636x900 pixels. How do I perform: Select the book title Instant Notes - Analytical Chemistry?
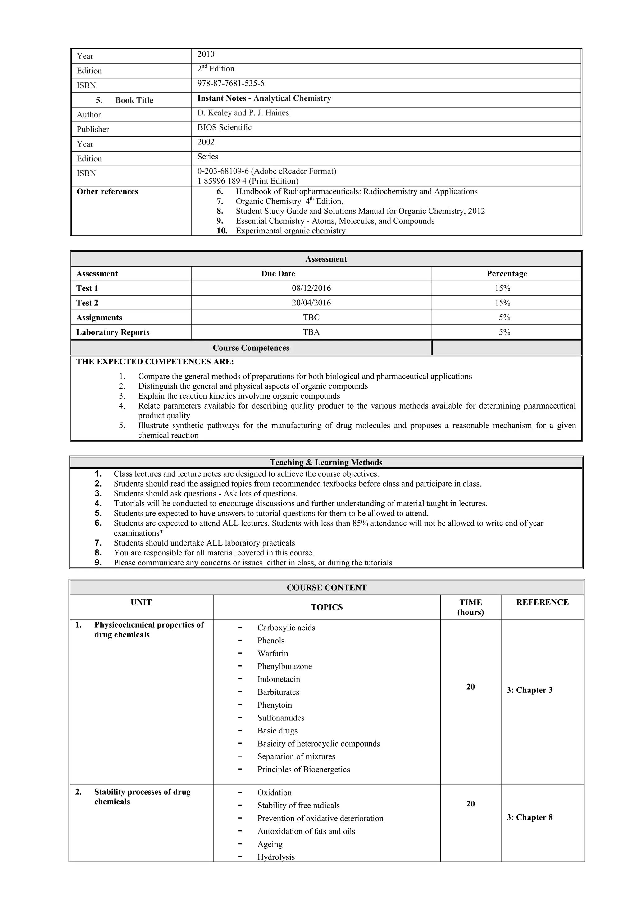(x=264, y=98)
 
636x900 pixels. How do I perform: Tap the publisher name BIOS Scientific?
(x=225, y=127)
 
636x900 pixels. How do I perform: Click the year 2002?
(x=206, y=142)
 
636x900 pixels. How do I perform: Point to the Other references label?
(x=107, y=192)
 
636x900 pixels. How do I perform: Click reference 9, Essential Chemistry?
(x=335, y=221)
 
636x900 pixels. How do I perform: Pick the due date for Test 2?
(x=311, y=303)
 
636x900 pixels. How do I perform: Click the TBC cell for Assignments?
(x=311, y=318)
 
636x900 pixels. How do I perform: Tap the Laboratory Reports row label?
(x=113, y=332)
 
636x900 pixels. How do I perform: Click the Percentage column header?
(x=507, y=274)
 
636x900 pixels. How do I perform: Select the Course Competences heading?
(x=251, y=348)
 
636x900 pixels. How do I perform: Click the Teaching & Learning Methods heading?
(x=326, y=463)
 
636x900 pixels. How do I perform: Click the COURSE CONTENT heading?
(x=326, y=587)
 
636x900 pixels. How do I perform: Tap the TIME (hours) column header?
(x=470, y=607)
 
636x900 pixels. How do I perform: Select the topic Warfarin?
(x=273, y=653)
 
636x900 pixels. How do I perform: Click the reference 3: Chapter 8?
(x=529, y=817)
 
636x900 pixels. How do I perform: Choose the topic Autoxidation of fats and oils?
(x=306, y=831)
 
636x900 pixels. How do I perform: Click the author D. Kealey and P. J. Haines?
(x=243, y=113)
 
